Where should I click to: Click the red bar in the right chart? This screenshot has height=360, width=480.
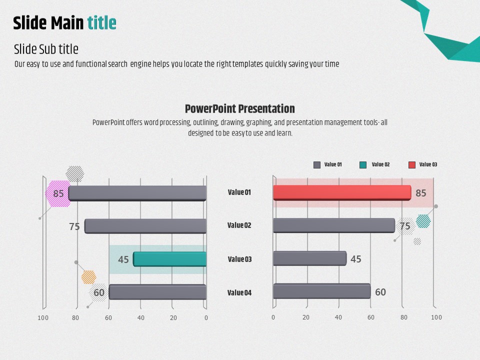tap(342, 193)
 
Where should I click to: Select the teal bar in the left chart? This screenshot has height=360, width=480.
tap(169, 259)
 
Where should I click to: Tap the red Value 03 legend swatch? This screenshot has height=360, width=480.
tap(411, 164)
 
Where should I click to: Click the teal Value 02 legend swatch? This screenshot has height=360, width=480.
tap(363, 164)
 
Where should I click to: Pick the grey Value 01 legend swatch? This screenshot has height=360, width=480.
tap(317, 164)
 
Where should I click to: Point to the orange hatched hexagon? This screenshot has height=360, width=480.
tap(89, 277)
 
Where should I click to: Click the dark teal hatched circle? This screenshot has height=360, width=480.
tap(423, 221)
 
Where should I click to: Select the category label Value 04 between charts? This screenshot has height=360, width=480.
tap(239, 292)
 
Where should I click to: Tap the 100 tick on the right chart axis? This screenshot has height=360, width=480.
tap(436, 317)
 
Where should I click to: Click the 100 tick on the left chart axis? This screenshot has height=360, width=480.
tap(43, 318)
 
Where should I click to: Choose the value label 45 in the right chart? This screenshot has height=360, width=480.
tap(355, 259)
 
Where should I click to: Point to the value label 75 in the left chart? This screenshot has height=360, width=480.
tap(74, 226)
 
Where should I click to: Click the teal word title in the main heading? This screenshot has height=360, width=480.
tap(101, 23)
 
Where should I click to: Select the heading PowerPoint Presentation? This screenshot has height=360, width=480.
tap(239, 108)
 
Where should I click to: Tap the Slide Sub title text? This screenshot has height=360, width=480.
tap(46, 49)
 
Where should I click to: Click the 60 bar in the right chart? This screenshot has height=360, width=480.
tap(321, 291)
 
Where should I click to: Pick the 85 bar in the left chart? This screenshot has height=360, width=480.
tap(137, 193)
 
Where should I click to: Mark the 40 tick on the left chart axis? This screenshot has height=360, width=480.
tap(141, 318)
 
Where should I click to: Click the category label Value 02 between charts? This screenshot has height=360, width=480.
tap(239, 225)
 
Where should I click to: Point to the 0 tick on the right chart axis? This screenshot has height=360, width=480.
tap(273, 317)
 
